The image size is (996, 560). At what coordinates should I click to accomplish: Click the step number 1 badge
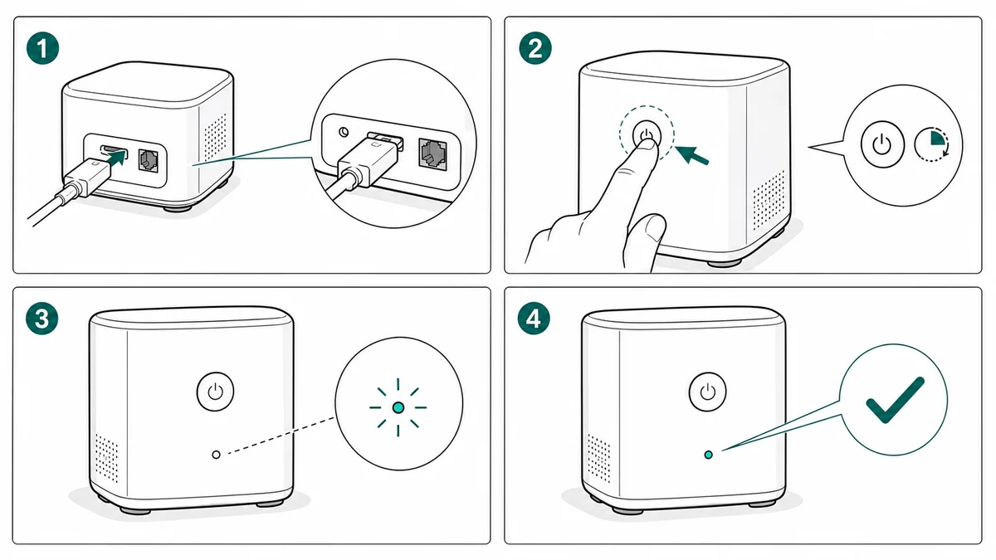[x=42, y=48]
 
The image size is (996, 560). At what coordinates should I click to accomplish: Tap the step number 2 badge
[x=535, y=48]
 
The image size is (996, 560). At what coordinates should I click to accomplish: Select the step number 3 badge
[x=41, y=319]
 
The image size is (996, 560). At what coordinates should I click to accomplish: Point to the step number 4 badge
[x=534, y=319]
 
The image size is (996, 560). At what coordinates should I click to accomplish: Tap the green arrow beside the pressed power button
[x=691, y=156]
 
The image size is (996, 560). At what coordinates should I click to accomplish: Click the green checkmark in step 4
[x=895, y=400]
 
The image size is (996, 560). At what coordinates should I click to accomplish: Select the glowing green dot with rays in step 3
[x=398, y=407]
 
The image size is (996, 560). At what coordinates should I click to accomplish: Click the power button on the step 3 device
[x=215, y=392]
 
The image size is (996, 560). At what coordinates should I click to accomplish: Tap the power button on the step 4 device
[x=707, y=392]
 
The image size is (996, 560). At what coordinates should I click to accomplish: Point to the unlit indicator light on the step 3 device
[x=216, y=455]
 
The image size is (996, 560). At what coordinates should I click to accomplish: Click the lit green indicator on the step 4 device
[x=708, y=455]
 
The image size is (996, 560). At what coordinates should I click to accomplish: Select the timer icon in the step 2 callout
[x=932, y=144]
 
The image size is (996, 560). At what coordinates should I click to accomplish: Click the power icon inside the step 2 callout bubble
[x=882, y=144]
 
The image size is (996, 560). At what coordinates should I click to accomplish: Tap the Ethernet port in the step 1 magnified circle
[x=432, y=153]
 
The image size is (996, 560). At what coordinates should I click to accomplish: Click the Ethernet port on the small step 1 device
[x=148, y=160]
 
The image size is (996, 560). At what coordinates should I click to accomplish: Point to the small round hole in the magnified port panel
[x=344, y=132]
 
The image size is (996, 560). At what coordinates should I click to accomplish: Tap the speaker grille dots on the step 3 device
[x=107, y=458]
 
